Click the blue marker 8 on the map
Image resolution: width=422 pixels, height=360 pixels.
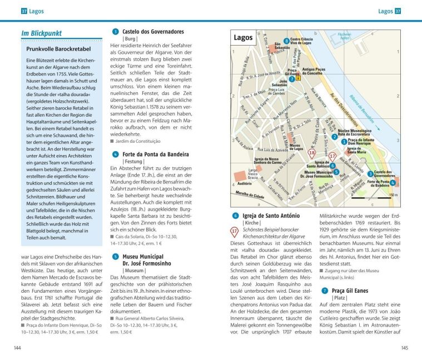(x=286, y=41)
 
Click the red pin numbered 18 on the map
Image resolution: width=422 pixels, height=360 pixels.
(x=312, y=152)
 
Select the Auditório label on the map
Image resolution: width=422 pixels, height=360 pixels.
(x=246, y=182)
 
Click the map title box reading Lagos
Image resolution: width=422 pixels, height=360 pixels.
(x=243, y=38)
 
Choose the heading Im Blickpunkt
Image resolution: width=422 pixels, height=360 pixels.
(x=42, y=33)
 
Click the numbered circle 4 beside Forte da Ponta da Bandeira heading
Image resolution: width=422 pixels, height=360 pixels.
(x=115, y=154)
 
